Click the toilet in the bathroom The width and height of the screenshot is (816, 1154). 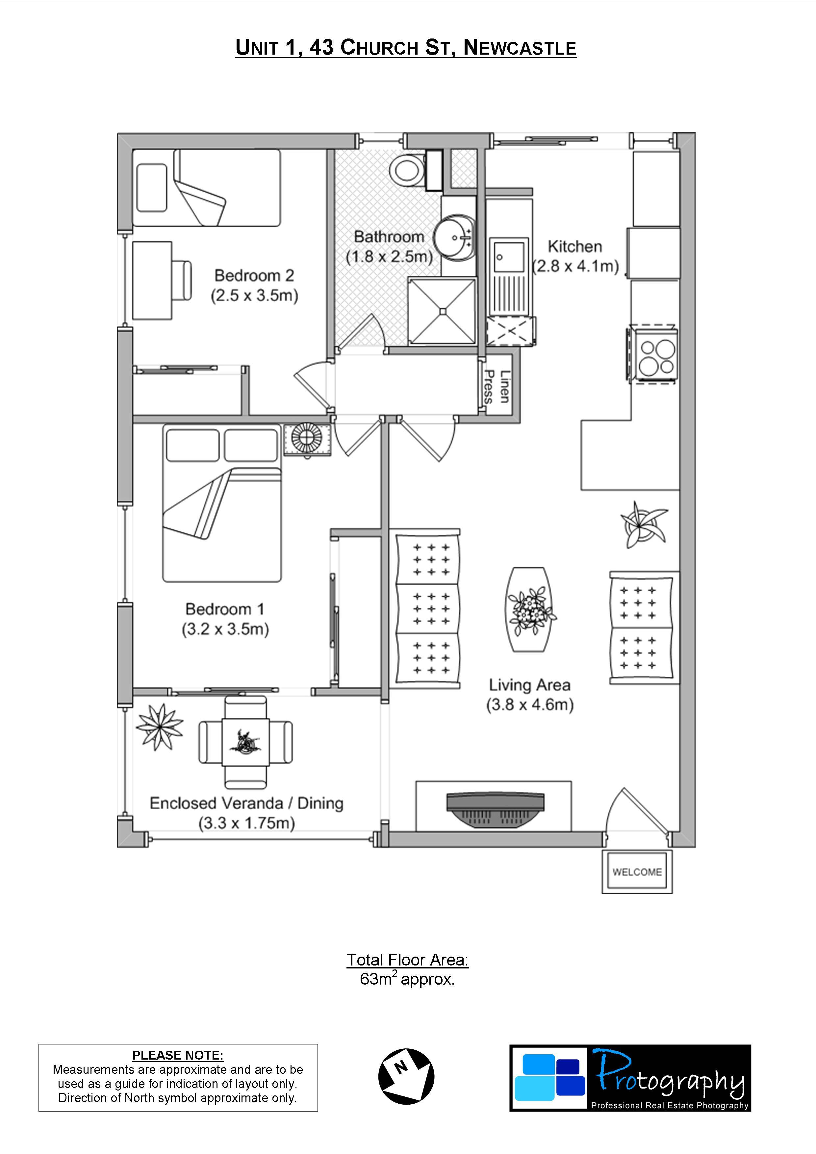click(x=408, y=169)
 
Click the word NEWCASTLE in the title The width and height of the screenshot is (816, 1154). click(x=519, y=48)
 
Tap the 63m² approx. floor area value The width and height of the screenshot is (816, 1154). click(x=407, y=979)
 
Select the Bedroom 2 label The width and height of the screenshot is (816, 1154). click(x=254, y=275)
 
